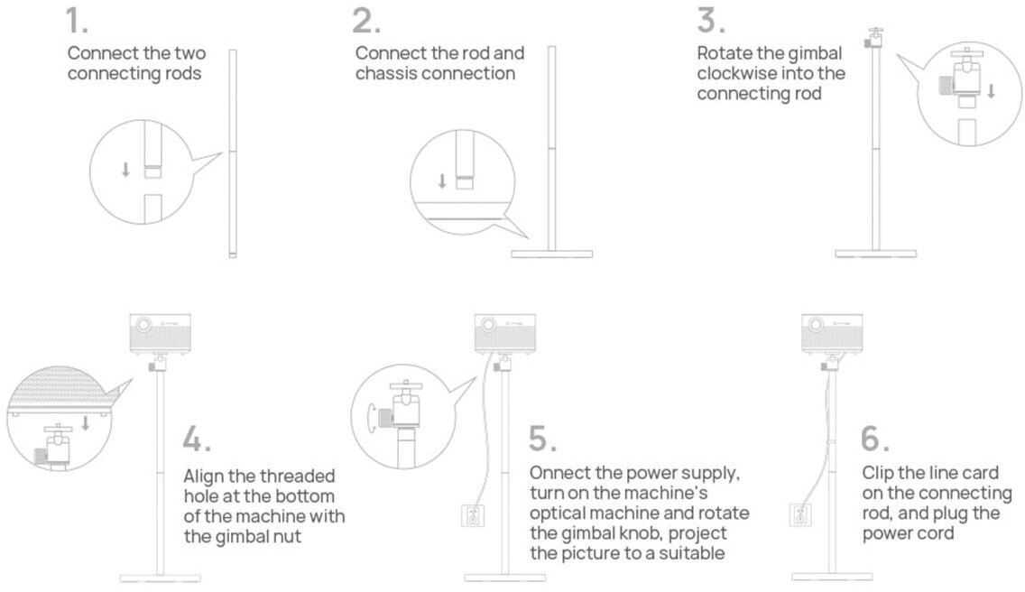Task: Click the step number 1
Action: [x=77, y=20]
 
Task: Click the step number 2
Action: [x=366, y=20]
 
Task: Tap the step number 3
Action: [x=711, y=20]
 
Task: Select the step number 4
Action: [x=197, y=439]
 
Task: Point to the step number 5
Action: [x=542, y=439]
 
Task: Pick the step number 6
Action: [x=875, y=439]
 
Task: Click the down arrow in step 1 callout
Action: [x=125, y=170]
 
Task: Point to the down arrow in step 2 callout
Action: [x=442, y=181]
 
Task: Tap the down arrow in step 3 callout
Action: [x=991, y=91]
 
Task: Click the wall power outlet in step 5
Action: [x=473, y=516]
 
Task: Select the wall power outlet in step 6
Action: [x=799, y=516]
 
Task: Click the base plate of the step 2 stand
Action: [x=551, y=254]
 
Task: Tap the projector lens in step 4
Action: [x=143, y=325]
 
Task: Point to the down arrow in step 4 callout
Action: [x=85, y=422]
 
